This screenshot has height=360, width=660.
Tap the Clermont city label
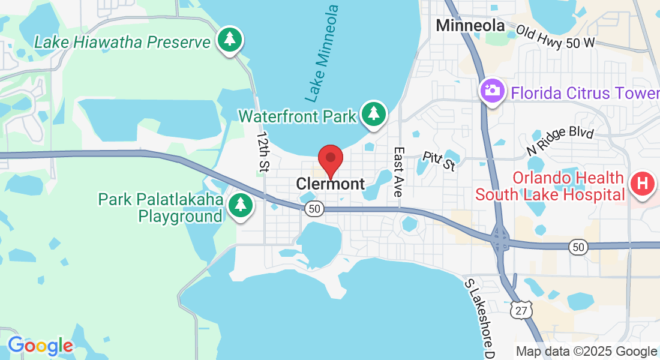click(x=330, y=184)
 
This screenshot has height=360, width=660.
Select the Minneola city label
click(x=470, y=25)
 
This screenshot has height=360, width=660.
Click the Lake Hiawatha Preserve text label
click(x=122, y=42)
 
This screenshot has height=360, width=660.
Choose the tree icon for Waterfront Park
click(x=374, y=113)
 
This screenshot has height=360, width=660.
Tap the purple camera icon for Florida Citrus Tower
click(x=492, y=91)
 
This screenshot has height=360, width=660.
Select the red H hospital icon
click(x=642, y=182)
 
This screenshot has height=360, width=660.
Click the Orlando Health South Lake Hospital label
click(x=550, y=186)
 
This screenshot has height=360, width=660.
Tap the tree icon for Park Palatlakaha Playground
click(x=241, y=205)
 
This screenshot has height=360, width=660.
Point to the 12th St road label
click(x=262, y=154)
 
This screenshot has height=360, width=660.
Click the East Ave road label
click(x=398, y=172)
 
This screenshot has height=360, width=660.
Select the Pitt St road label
click(x=439, y=161)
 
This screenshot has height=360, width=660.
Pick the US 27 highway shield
click(x=520, y=310)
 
